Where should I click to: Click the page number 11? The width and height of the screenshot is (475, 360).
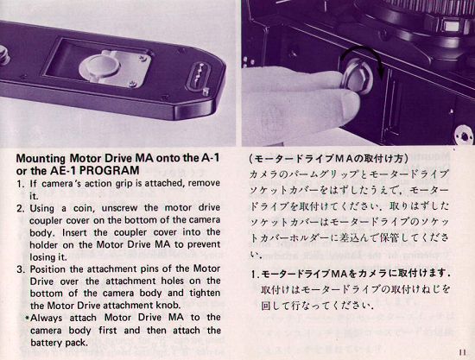462,352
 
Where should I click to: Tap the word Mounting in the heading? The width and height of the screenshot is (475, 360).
41,158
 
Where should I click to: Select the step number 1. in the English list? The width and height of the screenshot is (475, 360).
21,184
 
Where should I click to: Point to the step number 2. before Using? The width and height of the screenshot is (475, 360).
21,209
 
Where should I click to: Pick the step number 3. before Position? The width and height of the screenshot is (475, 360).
21,269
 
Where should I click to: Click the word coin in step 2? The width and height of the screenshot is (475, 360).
84,209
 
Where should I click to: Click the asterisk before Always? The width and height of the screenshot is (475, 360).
28,318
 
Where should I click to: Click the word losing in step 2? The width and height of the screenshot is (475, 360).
39,257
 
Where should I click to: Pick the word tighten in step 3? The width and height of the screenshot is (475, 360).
205,294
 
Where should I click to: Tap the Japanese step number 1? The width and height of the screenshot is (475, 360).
255,275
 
